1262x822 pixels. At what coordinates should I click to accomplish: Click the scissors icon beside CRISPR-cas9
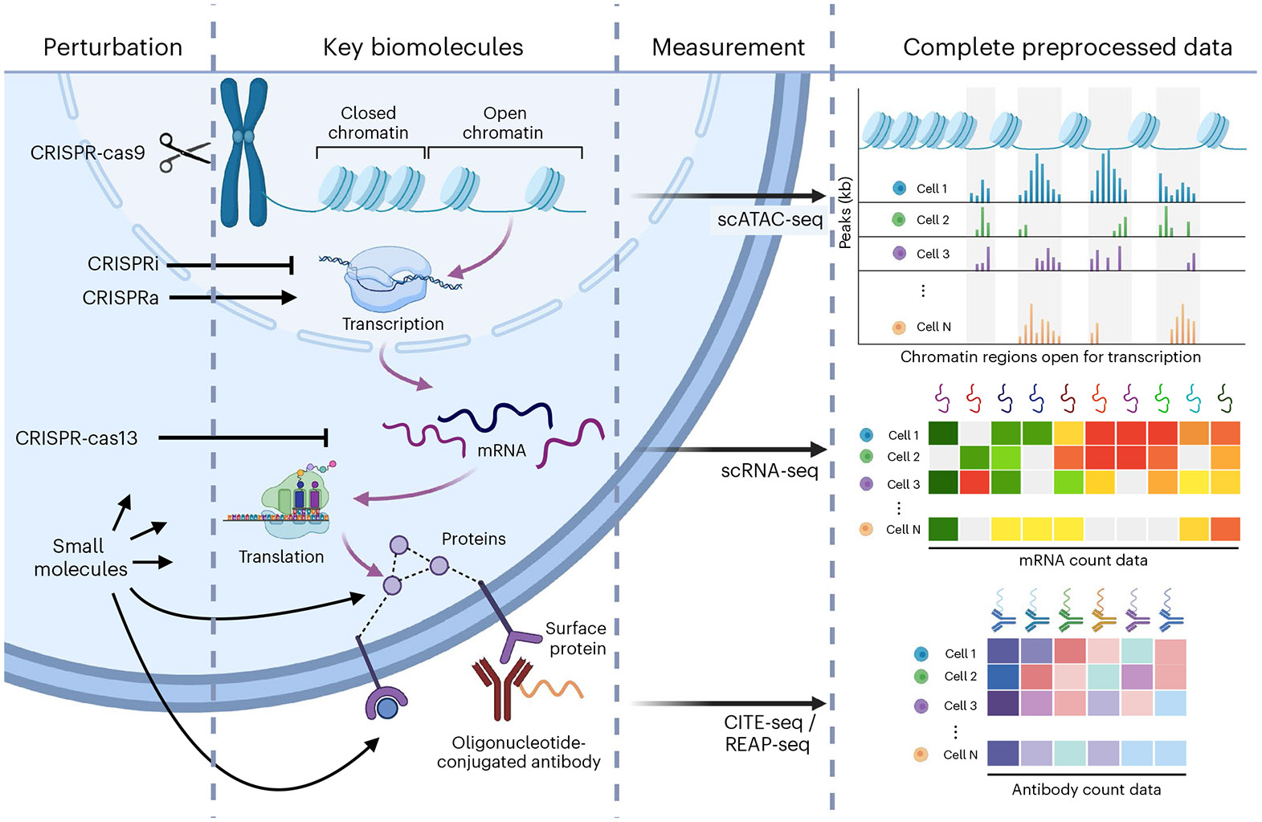184,152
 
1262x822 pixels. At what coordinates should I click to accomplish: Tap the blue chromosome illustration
243,152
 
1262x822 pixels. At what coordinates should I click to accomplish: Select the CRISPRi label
123,263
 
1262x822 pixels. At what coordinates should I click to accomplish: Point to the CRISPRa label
120,298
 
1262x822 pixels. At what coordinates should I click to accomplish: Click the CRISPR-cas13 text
76,438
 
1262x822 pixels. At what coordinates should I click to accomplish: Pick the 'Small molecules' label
80,557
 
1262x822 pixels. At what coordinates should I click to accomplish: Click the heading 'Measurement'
728,47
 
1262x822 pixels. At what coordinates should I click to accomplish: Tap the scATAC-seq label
770,219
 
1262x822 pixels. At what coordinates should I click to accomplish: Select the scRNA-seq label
769,470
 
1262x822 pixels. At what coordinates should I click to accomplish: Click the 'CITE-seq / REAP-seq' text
769,733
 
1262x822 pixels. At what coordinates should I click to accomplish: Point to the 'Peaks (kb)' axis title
844,213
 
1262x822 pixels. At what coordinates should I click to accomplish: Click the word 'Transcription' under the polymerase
393,324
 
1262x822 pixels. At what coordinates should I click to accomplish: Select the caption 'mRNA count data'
1083,560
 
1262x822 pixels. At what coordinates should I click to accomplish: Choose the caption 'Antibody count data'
1086,789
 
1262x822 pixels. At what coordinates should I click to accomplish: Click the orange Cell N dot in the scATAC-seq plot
899,327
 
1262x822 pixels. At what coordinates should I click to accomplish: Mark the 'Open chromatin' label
503,123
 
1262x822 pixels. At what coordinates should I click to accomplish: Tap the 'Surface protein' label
576,638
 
